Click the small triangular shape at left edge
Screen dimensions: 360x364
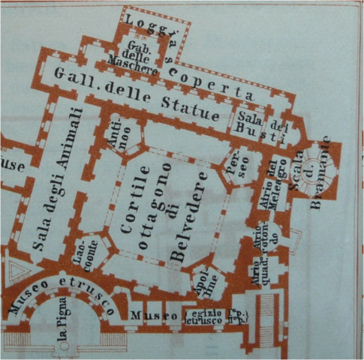point(13,266)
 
